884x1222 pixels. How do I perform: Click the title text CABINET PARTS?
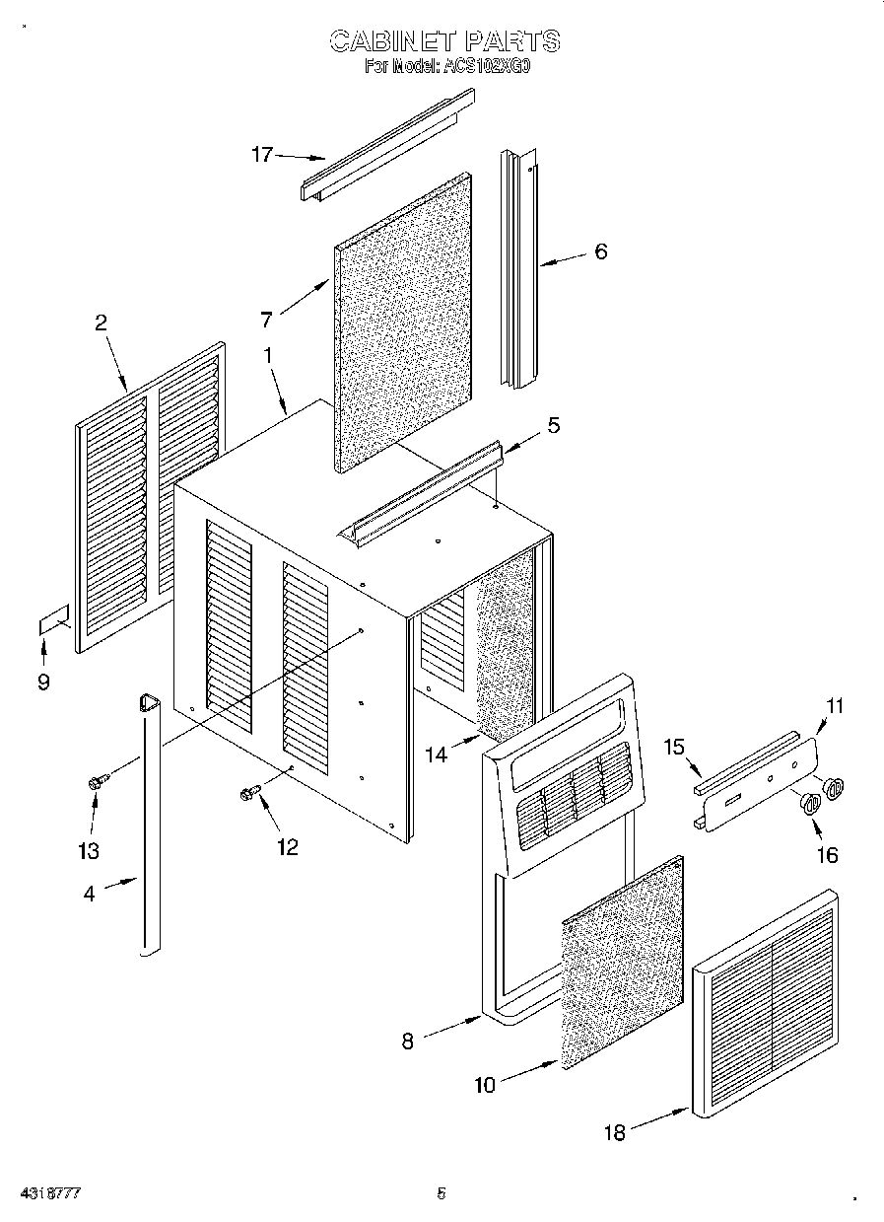[x=443, y=40]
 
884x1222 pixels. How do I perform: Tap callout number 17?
[x=261, y=154]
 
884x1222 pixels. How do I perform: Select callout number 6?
[x=600, y=252]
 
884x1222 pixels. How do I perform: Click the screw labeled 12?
[x=249, y=791]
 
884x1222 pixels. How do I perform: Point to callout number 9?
[x=43, y=681]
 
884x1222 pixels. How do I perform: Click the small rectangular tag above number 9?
[x=54, y=621]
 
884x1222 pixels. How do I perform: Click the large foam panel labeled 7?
[x=404, y=325]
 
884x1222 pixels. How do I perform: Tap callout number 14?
[x=436, y=754]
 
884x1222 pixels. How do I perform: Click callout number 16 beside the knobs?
[x=827, y=855]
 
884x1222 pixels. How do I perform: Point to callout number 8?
[x=408, y=1040]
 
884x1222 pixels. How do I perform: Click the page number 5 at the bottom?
[x=442, y=1193]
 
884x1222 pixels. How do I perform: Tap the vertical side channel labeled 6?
[x=519, y=266]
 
